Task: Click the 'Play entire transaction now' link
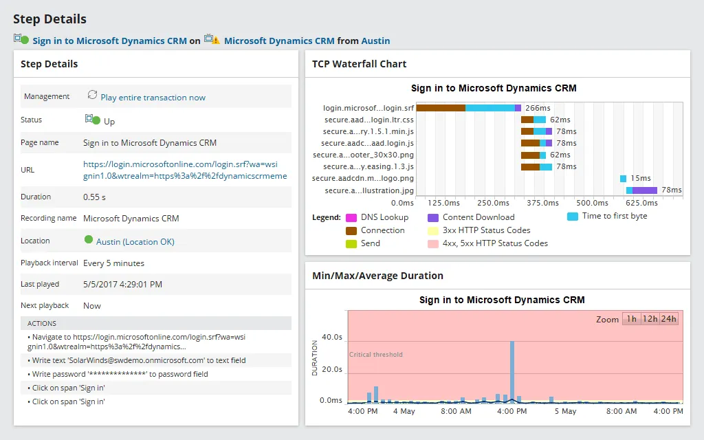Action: pos(153,98)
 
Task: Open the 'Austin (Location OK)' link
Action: pos(135,241)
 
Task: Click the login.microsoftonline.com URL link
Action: pos(184,170)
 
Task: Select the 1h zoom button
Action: pos(631,319)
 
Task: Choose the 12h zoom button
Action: pos(649,319)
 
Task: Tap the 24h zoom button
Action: pos(668,319)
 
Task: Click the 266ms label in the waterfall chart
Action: pos(538,108)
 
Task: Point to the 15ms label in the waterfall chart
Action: pos(640,179)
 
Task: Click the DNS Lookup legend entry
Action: pos(384,217)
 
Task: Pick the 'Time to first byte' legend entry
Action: pos(614,216)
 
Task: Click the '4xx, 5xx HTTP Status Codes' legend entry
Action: pos(495,243)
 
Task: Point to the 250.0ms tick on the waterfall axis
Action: pos(493,203)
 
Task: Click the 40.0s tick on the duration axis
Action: pos(331,338)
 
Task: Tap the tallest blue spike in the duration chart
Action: pos(512,371)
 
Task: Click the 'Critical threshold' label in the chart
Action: pos(376,355)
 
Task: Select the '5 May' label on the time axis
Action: pos(565,411)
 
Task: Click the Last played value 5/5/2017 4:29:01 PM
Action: pos(123,285)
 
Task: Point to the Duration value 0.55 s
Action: pos(95,197)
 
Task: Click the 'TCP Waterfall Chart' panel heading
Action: pos(359,64)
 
